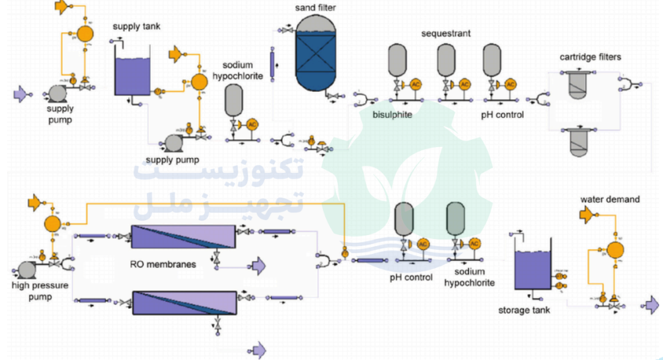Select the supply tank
[x=132, y=74]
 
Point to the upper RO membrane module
[x=183, y=237]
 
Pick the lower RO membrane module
[x=183, y=302]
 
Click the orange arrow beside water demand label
[x=587, y=214]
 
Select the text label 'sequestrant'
[x=445, y=33]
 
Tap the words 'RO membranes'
[x=172, y=265]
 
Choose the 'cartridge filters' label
[x=590, y=57]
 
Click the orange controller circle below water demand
[x=614, y=249]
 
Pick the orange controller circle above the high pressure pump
[x=52, y=224]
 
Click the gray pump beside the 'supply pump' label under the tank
[x=174, y=141]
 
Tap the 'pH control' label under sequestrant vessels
[x=502, y=115]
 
